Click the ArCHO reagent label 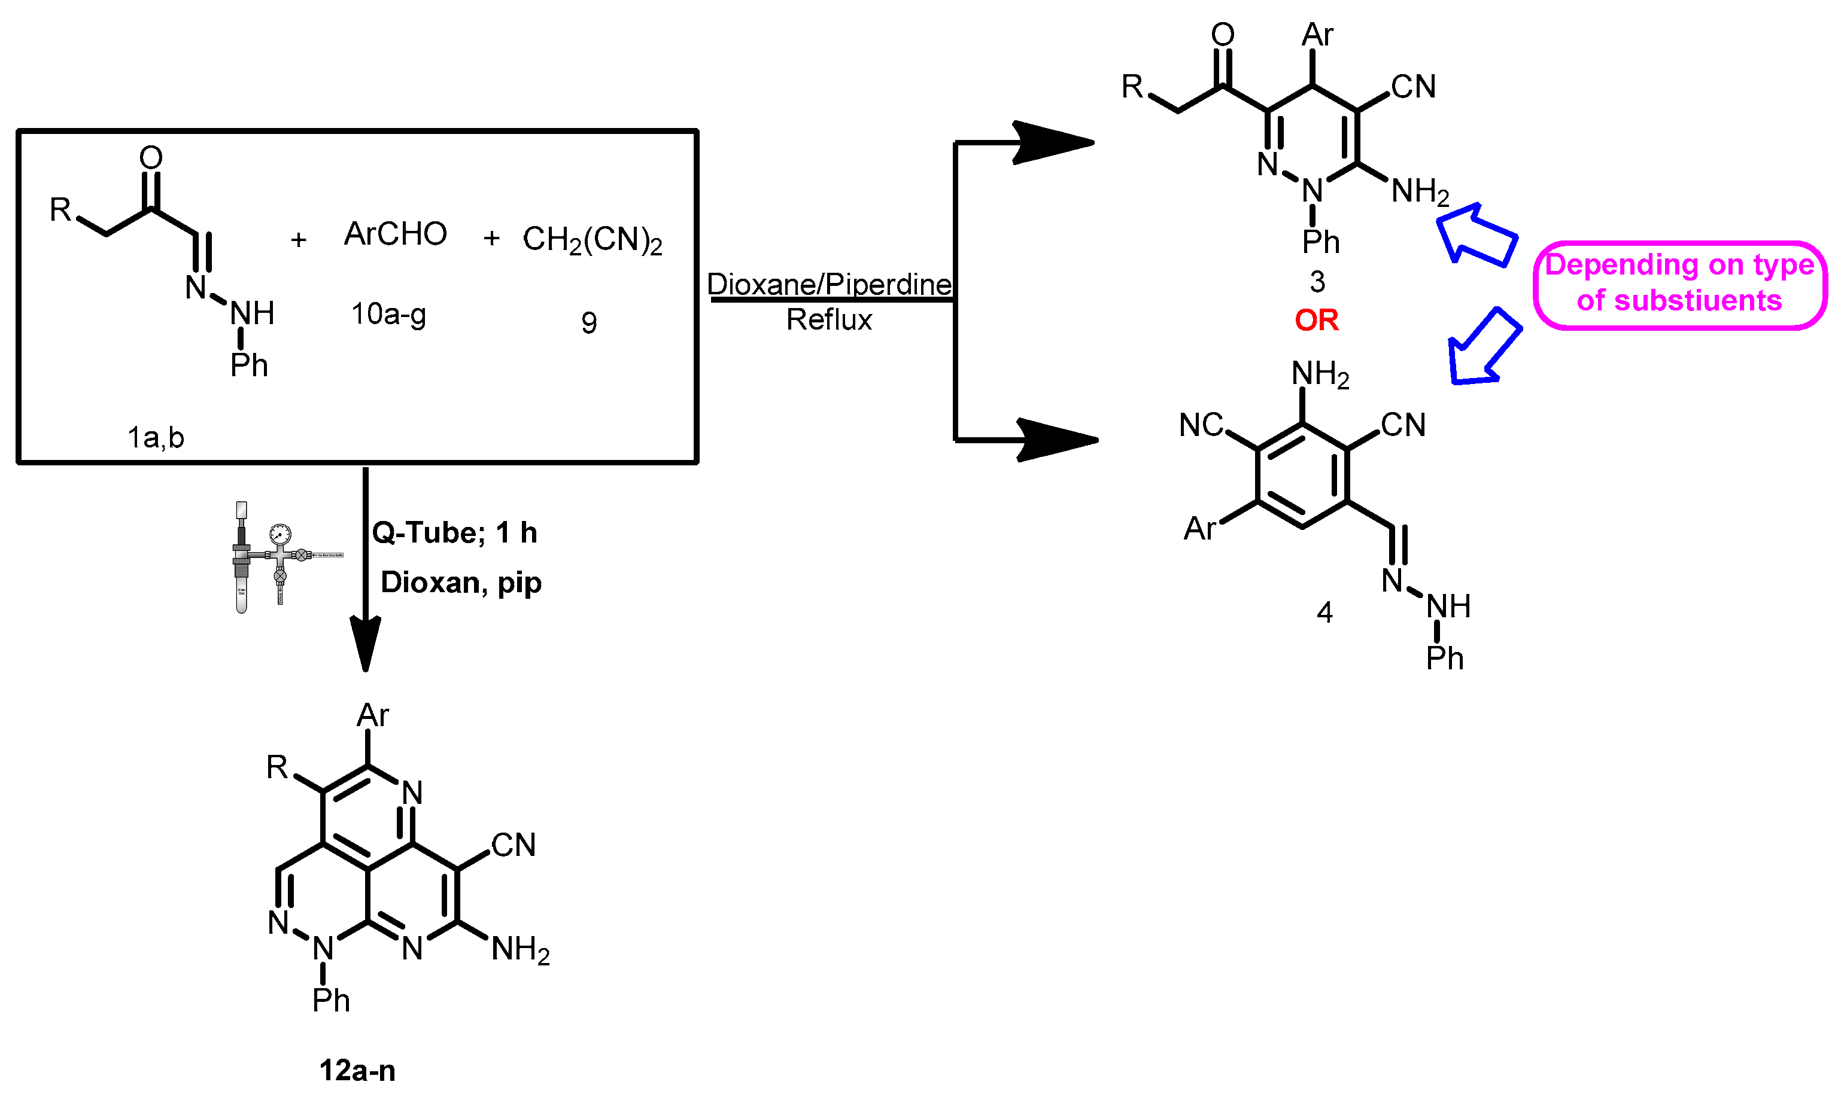click(x=396, y=234)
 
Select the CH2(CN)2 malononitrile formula click(x=593, y=240)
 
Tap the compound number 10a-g click(x=388, y=315)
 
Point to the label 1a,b click(x=156, y=438)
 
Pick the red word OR click(x=1317, y=320)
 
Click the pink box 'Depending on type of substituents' click(x=1679, y=284)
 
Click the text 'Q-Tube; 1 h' click(x=454, y=532)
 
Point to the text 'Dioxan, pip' click(x=461, y=583)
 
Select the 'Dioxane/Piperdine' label click(x=829, y=285)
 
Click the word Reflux click(x=829, y=320)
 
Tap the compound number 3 click(x=1317, y=282)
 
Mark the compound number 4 click(x=1324, y=612)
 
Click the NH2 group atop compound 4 click(x=1320, y=374)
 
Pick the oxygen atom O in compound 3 click(x=1223, y=35)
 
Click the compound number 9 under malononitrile click(x=588, y=323)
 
